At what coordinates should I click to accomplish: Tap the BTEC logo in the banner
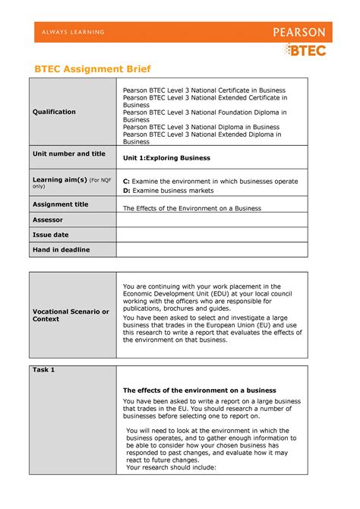click(x=307, y=50)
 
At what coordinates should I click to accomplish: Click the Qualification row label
click(x=54, y=112)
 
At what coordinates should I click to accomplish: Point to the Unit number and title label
click(x=68, y=153)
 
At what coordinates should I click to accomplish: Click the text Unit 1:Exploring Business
click(x=166, y=158)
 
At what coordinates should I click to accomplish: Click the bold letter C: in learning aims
click(x=127, y=182)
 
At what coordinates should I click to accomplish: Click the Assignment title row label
click(x=60, y=204)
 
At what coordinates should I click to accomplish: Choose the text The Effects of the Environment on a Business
click(x=192, y=208)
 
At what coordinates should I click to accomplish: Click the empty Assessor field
click(x=211, y=220)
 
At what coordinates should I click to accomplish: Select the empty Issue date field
click(x=211, y=235)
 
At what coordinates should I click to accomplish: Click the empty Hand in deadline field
click(x=211, y=250)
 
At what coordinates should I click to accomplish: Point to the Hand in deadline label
click(x=61, y=250)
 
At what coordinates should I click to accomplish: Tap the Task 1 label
click(x=43, y=370)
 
